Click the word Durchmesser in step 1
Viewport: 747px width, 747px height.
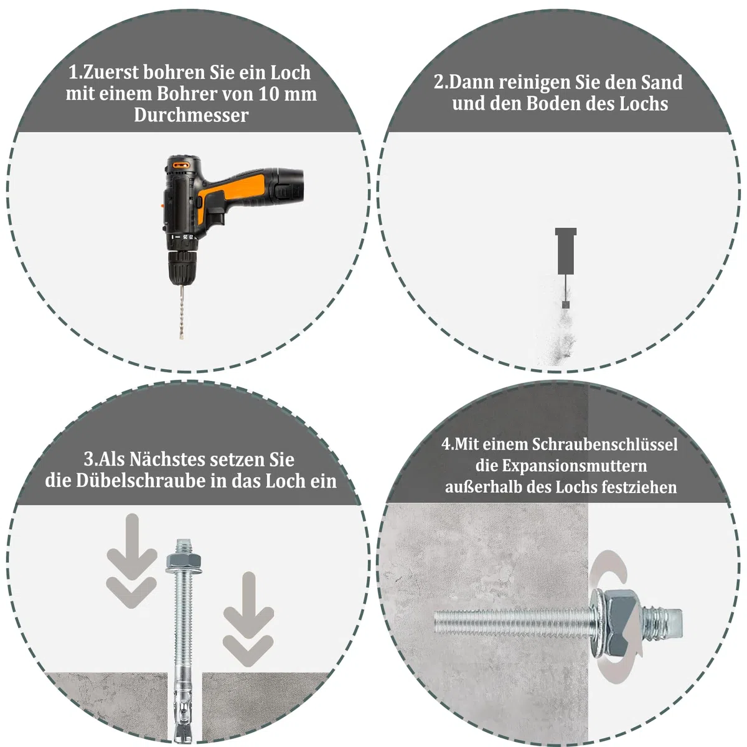tap(191, 115)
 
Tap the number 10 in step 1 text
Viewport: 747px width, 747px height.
tap(269, 94)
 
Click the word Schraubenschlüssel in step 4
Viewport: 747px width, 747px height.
tap(604, 444)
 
